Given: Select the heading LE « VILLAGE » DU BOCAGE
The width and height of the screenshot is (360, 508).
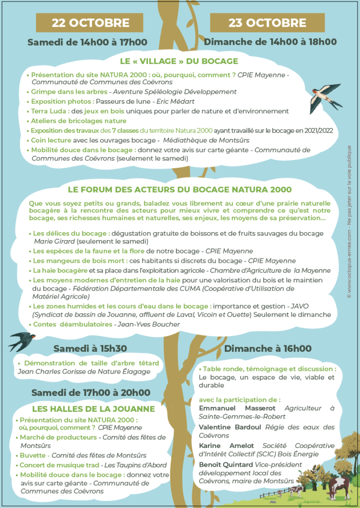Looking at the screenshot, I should click(179, 61).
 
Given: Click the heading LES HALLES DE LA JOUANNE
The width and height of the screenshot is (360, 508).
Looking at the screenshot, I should click(93, 409).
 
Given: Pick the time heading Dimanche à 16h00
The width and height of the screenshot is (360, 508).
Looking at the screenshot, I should click(268, 349).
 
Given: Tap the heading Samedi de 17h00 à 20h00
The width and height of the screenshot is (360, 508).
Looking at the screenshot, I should click(91, 393).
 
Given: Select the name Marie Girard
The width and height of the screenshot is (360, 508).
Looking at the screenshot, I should click(54, 241).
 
